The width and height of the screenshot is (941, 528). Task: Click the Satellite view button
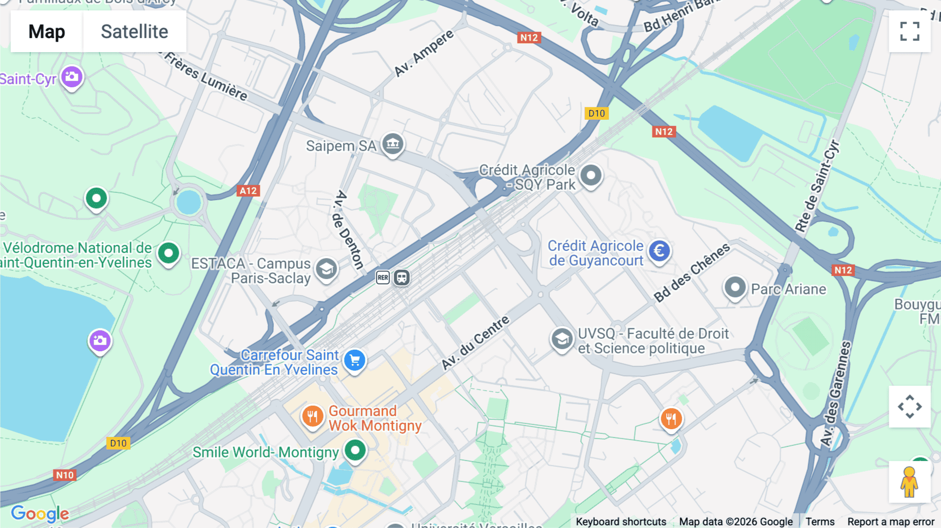click(134, 31)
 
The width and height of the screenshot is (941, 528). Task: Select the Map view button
click(47, 31)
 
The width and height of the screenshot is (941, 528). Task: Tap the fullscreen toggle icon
click(910, 31)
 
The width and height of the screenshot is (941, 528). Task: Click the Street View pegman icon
click(909, 481)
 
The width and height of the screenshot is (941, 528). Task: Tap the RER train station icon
click(383, 278)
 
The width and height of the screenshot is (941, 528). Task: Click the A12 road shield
click(248, 191)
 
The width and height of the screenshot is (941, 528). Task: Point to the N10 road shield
click(65, 475)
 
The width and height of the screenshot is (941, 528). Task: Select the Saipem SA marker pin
click(393, 143)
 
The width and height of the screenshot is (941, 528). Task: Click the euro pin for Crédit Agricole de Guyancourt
click(659, 251)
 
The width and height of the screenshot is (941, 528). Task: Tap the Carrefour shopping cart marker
click(354, 360)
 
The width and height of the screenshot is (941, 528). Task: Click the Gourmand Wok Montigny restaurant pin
click(313, 417)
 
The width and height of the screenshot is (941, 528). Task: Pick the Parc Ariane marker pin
click(735, 287)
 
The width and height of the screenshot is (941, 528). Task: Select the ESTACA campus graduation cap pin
click(326, 269)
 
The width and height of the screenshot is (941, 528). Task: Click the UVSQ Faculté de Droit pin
click(561, 339)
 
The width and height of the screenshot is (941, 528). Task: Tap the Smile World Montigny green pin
click(355, 450)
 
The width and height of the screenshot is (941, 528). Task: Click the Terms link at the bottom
click(820, 521)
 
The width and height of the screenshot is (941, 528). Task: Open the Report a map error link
click(890, 521)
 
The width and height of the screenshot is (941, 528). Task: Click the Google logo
click(40, 513)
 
